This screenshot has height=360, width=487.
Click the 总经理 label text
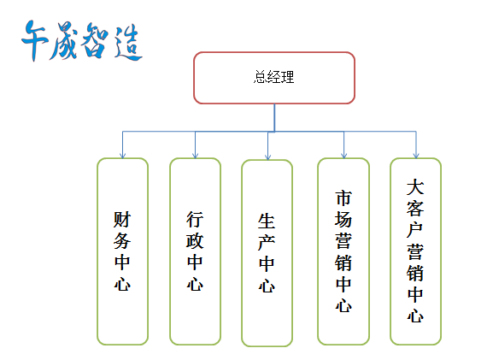point(273,77)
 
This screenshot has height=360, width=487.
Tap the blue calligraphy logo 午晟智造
point(82,41)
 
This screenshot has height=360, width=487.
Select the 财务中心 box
point(123,251)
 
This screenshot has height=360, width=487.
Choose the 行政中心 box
point(195,251)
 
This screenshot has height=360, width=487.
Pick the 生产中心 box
point(267,253)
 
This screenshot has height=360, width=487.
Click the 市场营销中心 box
point(343,251)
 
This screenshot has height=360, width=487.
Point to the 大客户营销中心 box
point(415,251)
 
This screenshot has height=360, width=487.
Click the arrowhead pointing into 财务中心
point(123,156)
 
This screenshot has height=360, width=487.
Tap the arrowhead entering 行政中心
point(195,156)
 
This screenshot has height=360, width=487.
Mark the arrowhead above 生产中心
point(267,157)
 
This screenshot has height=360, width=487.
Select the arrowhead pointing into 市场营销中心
point(343,156)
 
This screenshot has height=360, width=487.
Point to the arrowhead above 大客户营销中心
point(416,156)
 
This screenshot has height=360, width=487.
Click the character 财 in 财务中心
point(122,220)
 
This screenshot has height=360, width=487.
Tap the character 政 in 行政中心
point(195,241)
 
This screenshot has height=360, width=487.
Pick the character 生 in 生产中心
point(267,221)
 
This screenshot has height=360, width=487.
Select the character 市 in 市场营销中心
point(343,198)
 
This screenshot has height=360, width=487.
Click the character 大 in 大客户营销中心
point(415,186)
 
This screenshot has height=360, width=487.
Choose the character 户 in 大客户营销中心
point(415,230)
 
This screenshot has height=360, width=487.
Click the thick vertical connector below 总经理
point(274,117)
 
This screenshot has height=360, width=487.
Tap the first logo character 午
point(34,40)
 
